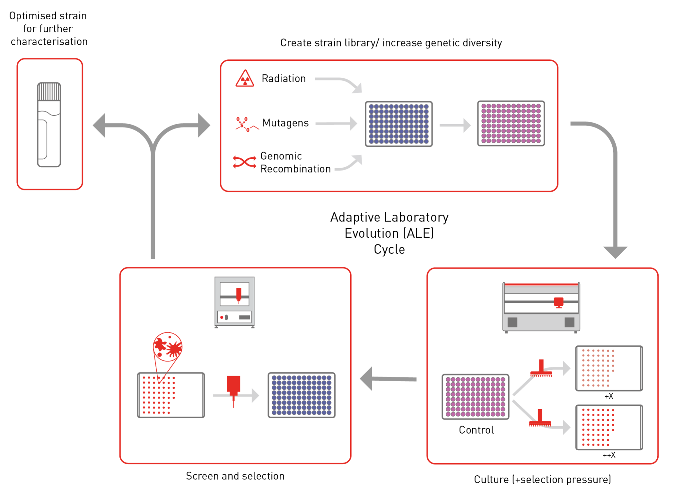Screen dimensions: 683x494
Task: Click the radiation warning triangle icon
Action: point(245,79)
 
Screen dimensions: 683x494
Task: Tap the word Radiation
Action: point(284,79)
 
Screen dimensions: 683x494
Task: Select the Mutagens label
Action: point(285,123)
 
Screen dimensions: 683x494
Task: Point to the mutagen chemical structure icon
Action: point(247,125)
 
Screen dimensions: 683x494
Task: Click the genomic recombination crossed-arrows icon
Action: point(245,162)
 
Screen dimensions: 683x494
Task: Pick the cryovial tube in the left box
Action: point(49,125)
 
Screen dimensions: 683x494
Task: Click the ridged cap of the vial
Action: point(49,91)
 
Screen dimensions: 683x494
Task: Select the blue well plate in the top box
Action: point(399,124)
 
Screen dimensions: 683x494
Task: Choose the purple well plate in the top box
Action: point(511,123)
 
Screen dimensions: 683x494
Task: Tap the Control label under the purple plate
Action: point(476,430)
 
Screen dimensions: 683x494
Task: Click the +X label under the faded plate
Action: point(609,396)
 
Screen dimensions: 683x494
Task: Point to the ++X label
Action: point(609,455)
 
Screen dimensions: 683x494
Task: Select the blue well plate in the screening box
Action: point(301,395)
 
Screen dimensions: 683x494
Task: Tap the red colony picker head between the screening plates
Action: point(233,387)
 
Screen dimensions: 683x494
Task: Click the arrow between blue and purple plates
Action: point(455,125)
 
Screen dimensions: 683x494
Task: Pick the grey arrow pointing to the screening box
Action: point(388,379)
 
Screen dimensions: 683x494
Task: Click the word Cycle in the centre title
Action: point(389,249)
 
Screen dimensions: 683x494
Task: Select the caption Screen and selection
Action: point(235,476)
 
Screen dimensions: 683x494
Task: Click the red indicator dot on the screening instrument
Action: point(221,317)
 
